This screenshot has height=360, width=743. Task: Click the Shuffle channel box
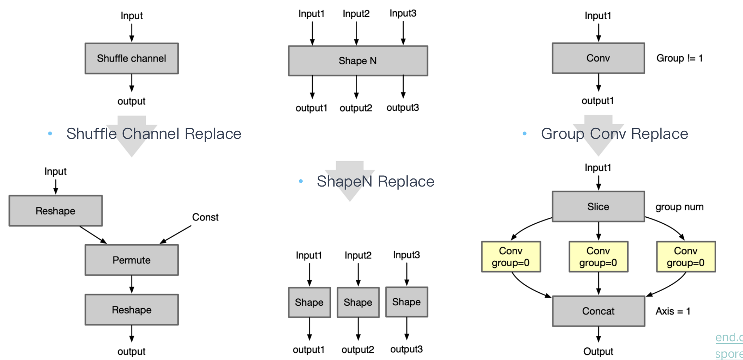pyautogui.click(x=132, y=58)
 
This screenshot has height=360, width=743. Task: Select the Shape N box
pyautogui.click(x=358, y=61)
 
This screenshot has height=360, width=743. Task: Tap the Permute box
pyautogui.click(x=132, y=260)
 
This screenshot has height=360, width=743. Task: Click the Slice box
pyautogui.click(x=598, y=207)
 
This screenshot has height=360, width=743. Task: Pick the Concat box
pyautogui.click(x=598, y=311)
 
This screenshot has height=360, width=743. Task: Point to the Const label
pyautogui.click(x=205, y=217)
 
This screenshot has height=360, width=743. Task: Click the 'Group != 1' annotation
pyautogui.click(x=680, y=58)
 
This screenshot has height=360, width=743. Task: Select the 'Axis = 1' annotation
pyautogui.click(x=673, y=311)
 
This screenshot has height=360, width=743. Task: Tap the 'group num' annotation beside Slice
pyautogui.click(x=679, y=207)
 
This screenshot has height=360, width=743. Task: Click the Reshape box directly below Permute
pyautogui.click(x=132, y=310)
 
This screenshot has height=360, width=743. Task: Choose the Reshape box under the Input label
pyautogui.click(x=55, y=211)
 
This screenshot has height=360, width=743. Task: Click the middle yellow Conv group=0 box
pyautogui.click(x=598, y=257)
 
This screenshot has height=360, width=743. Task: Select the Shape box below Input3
pyautogui.click(x=406, y=302)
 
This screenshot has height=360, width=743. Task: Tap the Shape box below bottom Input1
pyautogui.click(x=309, y=302)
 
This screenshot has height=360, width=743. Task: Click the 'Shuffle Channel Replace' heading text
pyautogui.click(x=154, y=134)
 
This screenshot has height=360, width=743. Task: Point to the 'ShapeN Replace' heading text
pyautogui.click(x=375, y=181)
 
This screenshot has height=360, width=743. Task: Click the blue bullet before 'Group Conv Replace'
pyautogui.click(x=525, y=133)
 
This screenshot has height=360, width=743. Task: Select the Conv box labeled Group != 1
pyautogui.click(x=598, y=58)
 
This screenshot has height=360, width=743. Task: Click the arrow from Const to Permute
pyautogui.click(x=175, y=235)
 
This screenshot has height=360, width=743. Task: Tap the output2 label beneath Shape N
pyautogui.click(x=356, y=108)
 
